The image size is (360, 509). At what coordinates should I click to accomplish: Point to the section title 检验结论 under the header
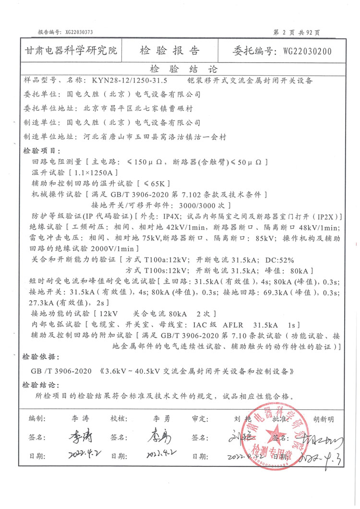184,69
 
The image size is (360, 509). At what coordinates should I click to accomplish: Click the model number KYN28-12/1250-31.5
126,81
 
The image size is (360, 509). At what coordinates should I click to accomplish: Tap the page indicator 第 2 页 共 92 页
296,32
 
